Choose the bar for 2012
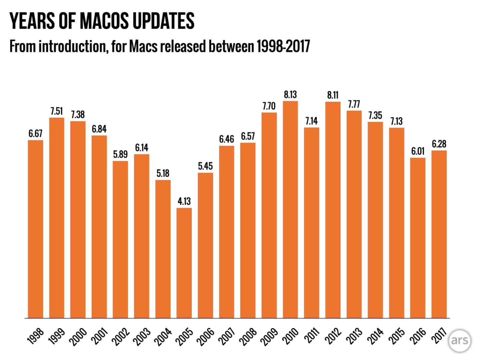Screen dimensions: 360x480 (x=333, y=210)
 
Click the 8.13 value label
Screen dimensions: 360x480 (x=290, y=95)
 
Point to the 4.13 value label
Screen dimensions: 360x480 (x=184, y=201)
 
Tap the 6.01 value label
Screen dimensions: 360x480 (x=418, y=151)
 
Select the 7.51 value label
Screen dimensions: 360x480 (x=57, y=111)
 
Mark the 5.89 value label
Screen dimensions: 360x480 (x=120, y=155)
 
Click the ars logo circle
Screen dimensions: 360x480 (x=460, y=341)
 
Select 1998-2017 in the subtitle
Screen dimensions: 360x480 (x=283, y=46)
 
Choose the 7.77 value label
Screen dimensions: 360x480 (x=354, y=104)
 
